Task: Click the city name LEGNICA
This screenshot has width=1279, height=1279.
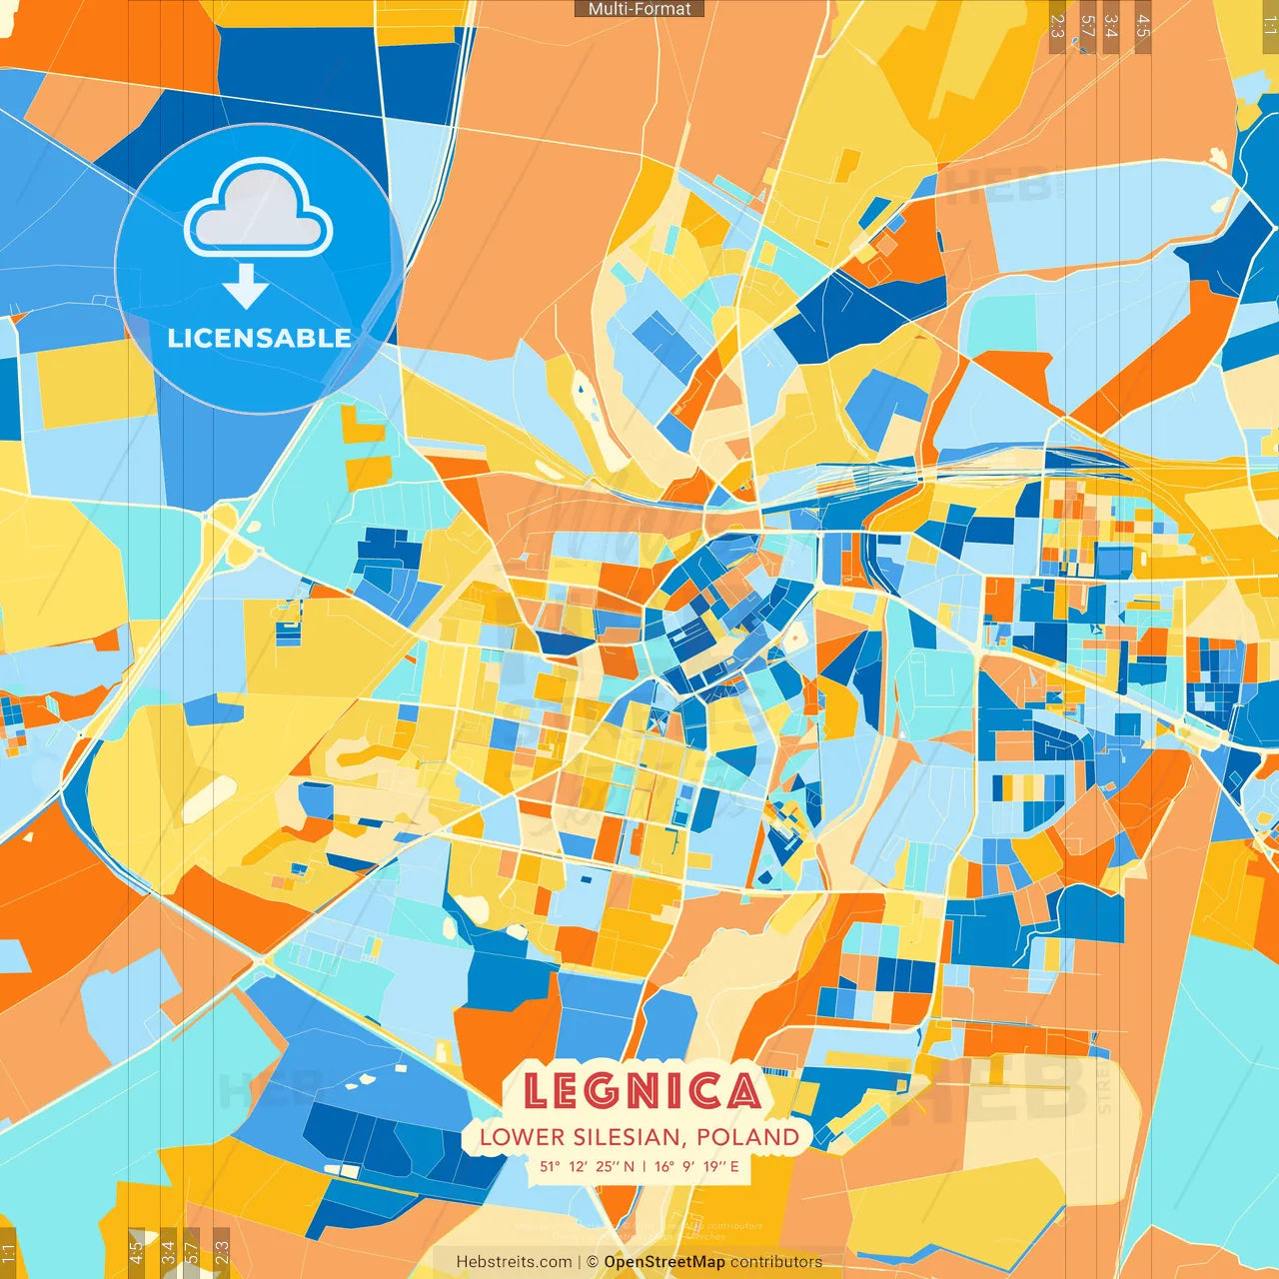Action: coord(640,1091)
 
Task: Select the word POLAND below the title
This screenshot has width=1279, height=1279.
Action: coord(748,1137)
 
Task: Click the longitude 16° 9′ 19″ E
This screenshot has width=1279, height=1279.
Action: coord(696,1166)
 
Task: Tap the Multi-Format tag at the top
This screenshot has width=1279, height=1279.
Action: coord(639,9)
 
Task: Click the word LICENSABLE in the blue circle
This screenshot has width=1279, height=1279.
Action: coord(259,338)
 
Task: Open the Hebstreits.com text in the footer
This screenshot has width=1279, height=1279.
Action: coord(515,1262)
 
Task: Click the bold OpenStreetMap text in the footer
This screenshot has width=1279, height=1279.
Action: coord(664,1262)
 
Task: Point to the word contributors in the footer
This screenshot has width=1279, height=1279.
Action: coord(776,1262)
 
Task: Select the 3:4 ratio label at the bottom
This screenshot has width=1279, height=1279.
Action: coord(167,1252)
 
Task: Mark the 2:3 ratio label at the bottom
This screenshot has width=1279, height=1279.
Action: coord(222,1252)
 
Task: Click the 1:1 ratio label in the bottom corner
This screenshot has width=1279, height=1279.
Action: coord(8,1253)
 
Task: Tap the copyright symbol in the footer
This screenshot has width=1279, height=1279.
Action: coord(592,1262)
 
